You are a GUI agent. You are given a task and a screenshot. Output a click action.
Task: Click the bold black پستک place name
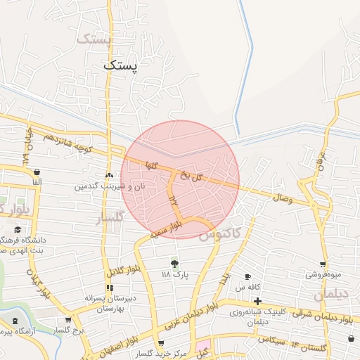pyautogui.click(x=121, y=65)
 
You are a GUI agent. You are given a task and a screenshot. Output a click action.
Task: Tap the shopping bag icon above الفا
pyautogui.click(x=36, y=172)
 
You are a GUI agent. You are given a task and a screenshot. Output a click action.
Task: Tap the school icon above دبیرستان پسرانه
pyautogui.click(x=109, y=288)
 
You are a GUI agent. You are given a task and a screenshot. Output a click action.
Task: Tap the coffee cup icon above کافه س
pyautogui.click(x=247, y=276)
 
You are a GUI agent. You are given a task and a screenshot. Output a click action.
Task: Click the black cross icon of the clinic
pyautogui.click(x=258, y=302)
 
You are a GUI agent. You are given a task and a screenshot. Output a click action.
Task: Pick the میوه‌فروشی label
pyautogui.click(x=323, y=275)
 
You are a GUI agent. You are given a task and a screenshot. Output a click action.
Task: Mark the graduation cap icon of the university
pyautogui.click(x=18, y=229)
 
